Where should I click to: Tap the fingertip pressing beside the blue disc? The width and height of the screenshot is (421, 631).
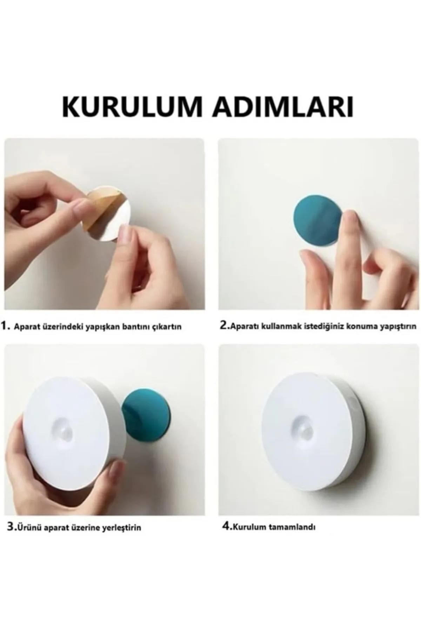pyautogui.click(x=351, y=219)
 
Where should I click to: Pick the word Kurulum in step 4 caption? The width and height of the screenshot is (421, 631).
pyautogui.click(x=249, y=537)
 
